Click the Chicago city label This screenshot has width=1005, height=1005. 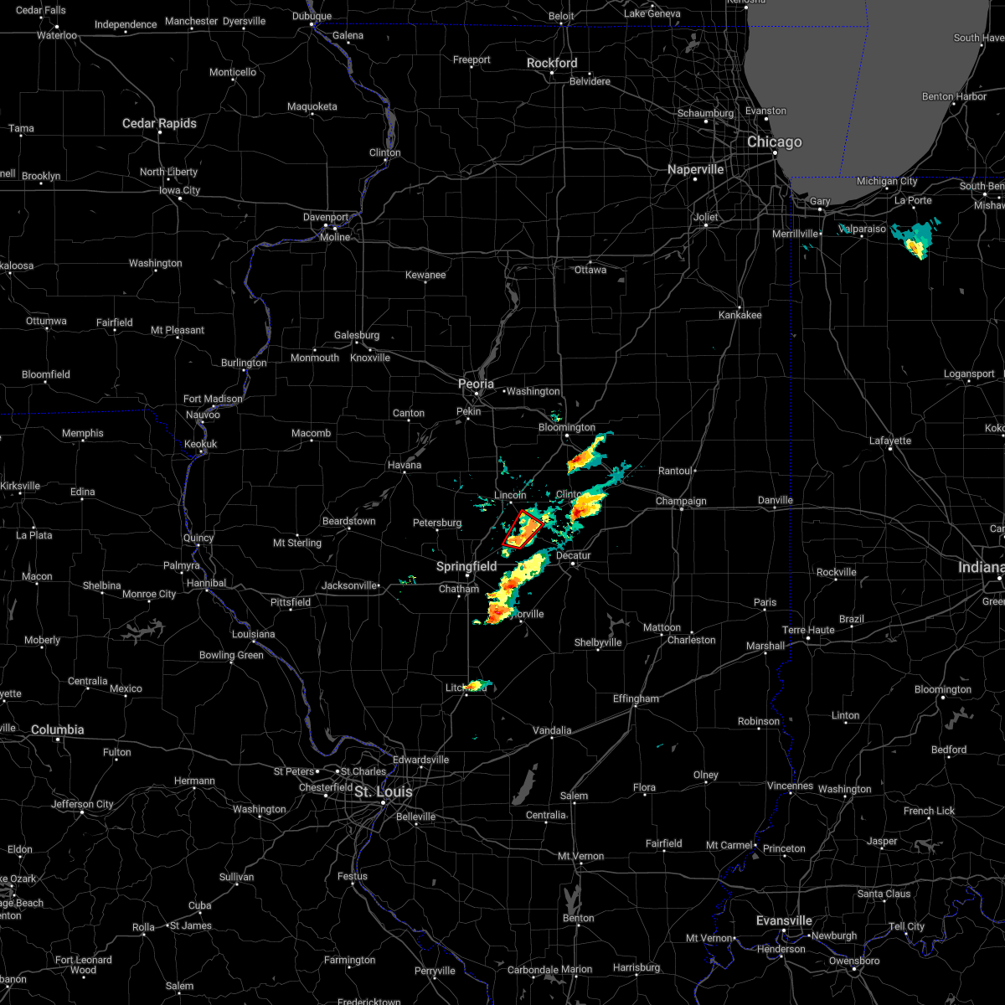pyautogui.click(x=774, y=142)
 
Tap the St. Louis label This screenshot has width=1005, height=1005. pyautogui.click(x=384, y=791)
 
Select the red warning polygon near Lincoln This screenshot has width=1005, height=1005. pyautogui.click(x=521, y=530)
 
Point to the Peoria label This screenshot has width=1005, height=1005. pyautogui.click(x=476, y=384)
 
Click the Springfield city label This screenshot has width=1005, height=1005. pyautogui.click(x=466, y=566)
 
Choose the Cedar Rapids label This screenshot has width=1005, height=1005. pyautogui.click(x=159, y=123)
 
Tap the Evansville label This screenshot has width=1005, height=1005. pyautogui.click(x=784, y=920)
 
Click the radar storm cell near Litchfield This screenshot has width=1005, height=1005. pyautogui.click(x=477, y=686)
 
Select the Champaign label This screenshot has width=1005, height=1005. pyautogui.click(x=681, y=502)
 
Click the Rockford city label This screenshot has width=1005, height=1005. pyautogui.click(x=552, y=63)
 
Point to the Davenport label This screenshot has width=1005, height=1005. pyautogui.click(x=326, y=217)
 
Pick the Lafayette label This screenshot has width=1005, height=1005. pyautogui.click(x=890, y=441)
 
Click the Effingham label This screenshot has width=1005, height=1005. pyautogui.click(x=636, y=698)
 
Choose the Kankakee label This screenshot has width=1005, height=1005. pyautogui.click(x=740, y=315)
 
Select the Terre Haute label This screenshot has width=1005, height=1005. pyautogui.click(x=808, y=630)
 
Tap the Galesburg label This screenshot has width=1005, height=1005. pyautogui.click(x=357, y=335)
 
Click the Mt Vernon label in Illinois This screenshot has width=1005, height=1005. pyautogui.click(x=581, y=856)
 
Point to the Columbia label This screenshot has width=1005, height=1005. pyautogui.click(x=57, y=729)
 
